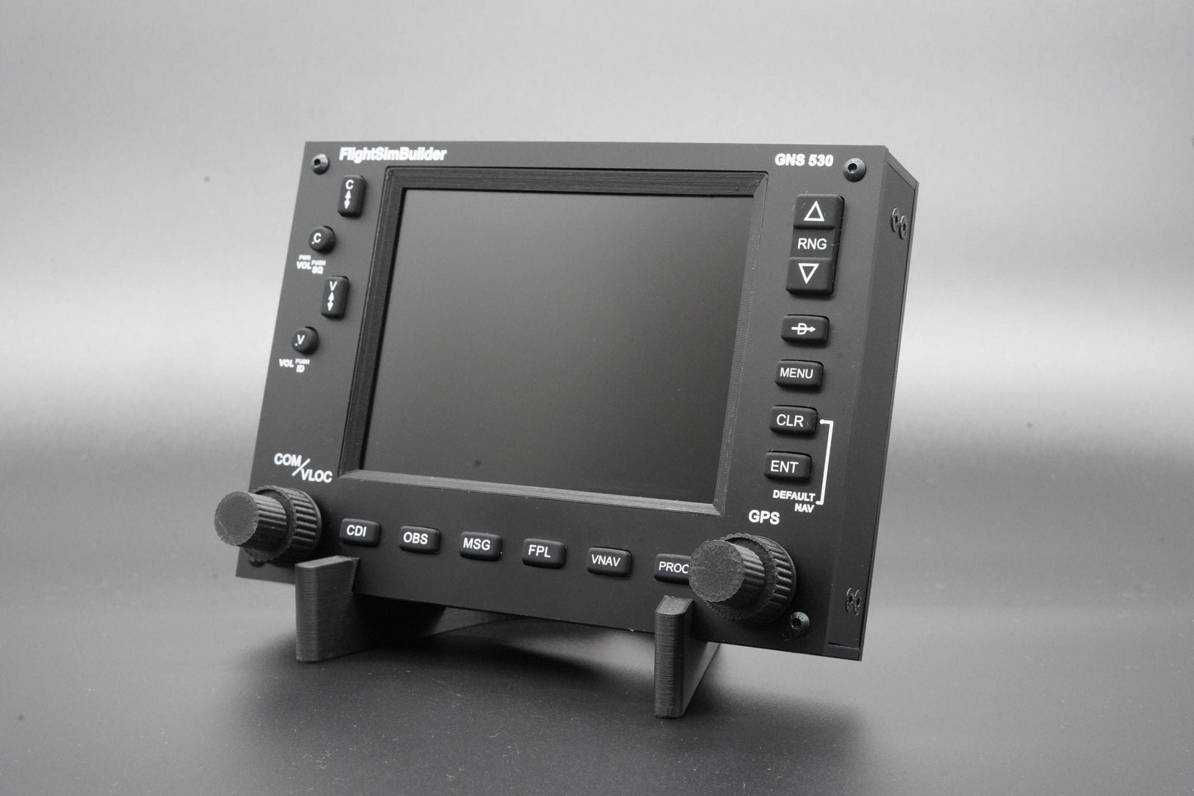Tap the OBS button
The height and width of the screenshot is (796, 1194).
coord(416,539)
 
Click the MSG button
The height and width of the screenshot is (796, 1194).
coord(477,545)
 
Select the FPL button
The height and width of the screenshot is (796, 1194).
coord(540,552)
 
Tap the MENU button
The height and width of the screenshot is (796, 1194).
coord(796,373)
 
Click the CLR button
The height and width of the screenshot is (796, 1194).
coord(790,421)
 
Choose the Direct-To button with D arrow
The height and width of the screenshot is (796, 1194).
coord(804,330)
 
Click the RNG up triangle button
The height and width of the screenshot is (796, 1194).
coord(814,212)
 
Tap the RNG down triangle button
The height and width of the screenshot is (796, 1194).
coord(809,274)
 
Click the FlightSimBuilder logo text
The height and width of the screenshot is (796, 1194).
coord(393,155)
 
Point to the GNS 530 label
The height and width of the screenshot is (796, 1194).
coord(803,161)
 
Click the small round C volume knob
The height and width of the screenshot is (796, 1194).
coord(320,239)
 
